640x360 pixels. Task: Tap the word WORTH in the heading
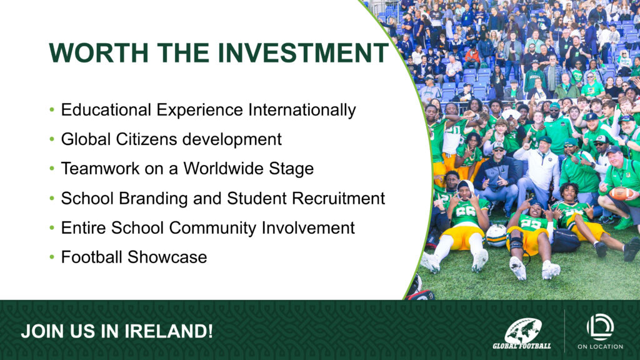point(98,52)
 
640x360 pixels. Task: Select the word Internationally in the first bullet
point(302,110)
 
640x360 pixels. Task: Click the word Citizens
point(146,139)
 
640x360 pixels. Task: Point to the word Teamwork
point(100,169)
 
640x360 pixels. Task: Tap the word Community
point(212,227)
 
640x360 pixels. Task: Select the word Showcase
point(167,257)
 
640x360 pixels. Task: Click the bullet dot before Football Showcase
point(52,257)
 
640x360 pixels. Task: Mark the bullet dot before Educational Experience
point(52,110)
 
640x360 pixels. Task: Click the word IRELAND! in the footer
point(169,331)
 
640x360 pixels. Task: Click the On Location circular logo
point(600,327)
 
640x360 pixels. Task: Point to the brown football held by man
point(621,193)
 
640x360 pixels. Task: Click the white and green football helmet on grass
point(496,236)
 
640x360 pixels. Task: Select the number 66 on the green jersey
point(463,211)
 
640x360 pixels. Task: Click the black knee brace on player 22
point(516,242)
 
